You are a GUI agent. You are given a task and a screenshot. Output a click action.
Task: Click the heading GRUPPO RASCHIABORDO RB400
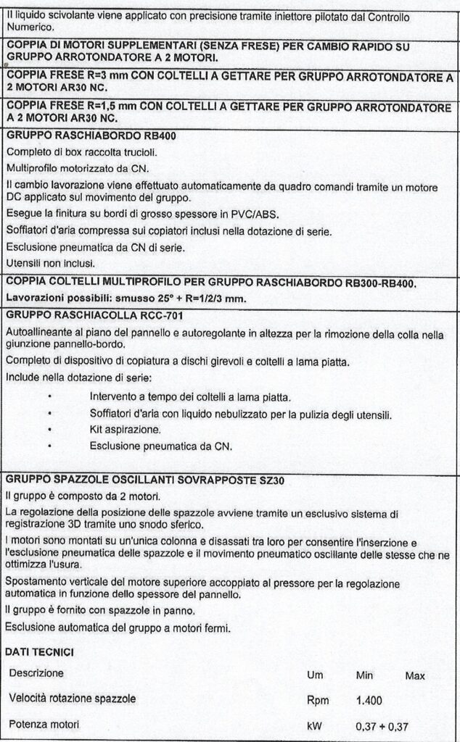click(91, 136)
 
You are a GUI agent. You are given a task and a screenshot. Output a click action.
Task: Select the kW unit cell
click(314, 725)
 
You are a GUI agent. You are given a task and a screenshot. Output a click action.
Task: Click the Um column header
click(315, 675)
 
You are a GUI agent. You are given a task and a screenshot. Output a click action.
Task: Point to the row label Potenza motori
click(45, 724)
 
